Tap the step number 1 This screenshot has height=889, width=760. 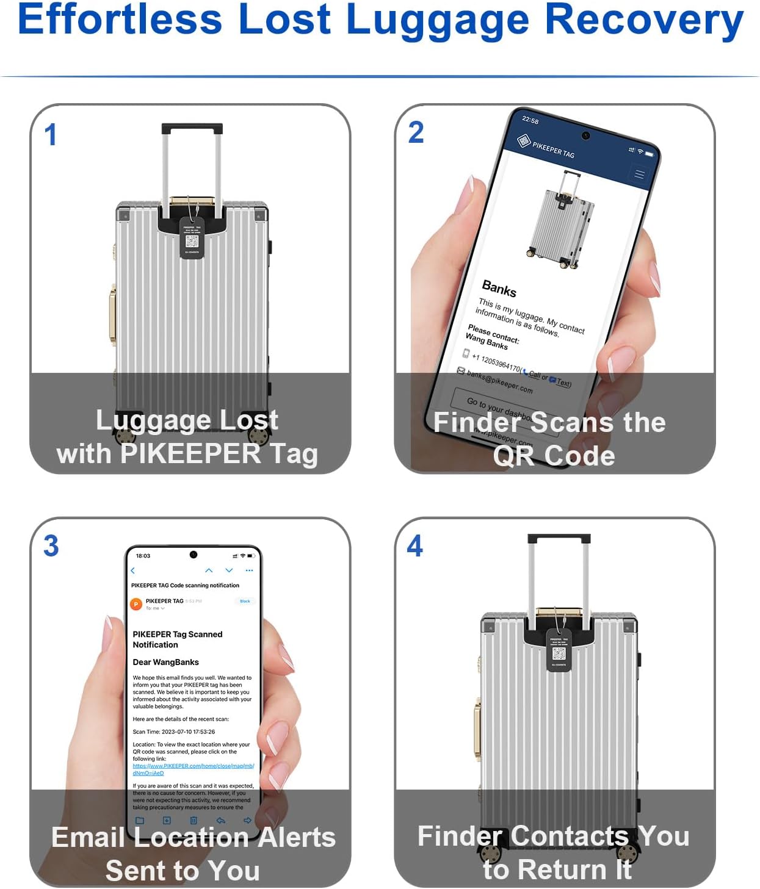[51, 135]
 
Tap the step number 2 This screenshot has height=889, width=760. [416, 132]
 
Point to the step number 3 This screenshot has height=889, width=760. [51, 545]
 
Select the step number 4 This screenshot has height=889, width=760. [415, 545]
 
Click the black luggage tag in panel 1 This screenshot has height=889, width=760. [192, 239]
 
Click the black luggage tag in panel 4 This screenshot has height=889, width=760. [559, 651]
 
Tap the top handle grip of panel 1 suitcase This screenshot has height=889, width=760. [192, 129]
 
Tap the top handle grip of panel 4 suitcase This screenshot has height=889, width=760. [559, 539]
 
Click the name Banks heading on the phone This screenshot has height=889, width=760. [499, 288]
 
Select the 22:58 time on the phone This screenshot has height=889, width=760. [530, 120]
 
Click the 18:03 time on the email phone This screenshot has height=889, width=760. [143, 556]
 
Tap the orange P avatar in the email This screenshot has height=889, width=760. [136, 604]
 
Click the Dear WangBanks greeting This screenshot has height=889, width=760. [165, 662]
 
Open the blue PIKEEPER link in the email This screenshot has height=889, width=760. [192, 766]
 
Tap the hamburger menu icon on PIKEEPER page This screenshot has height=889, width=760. [639, 175]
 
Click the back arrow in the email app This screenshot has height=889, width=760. [133, 570]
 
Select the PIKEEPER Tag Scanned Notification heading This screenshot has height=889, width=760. [177, 639]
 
